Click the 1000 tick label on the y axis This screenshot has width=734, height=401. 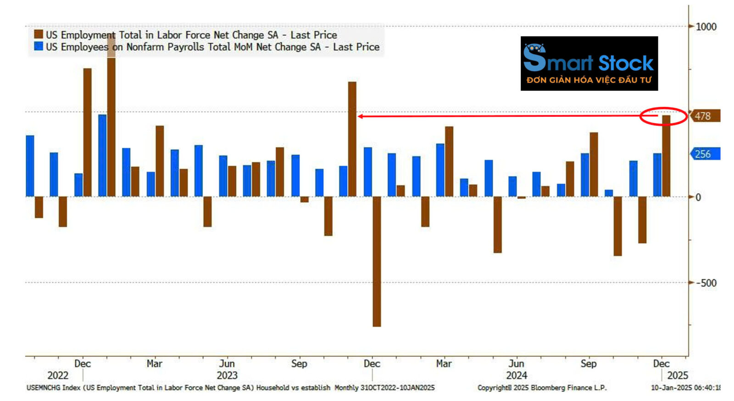[x=706, y=27]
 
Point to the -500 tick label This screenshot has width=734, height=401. [x=706, y=283]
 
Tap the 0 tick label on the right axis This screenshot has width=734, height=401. [x=698, y=197]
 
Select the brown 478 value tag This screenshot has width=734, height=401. [x=705, y=116]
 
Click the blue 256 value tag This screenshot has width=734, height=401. [x=705, y=154]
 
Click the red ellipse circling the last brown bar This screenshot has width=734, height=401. [x=663, y=116]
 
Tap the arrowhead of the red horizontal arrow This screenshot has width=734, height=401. [x=361, y=116]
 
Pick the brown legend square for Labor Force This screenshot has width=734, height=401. [x=39, y=34]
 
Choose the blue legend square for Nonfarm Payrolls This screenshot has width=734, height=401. [x=39, y=46]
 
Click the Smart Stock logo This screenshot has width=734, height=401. [x=589, y=63]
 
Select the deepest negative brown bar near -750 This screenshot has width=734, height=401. [x=377, y=261]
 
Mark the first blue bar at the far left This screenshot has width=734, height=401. [x=30, y=166]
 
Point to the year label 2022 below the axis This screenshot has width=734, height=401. [x=58, y=375]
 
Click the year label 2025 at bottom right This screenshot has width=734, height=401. [x=678, y=375]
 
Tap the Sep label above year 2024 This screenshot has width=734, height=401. [x=589, y=363]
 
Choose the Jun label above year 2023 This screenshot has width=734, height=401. [x=227, y=363]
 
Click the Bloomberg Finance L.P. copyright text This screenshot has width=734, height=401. [x=542, y=388]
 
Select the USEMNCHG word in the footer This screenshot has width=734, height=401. [x=43, y=388]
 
